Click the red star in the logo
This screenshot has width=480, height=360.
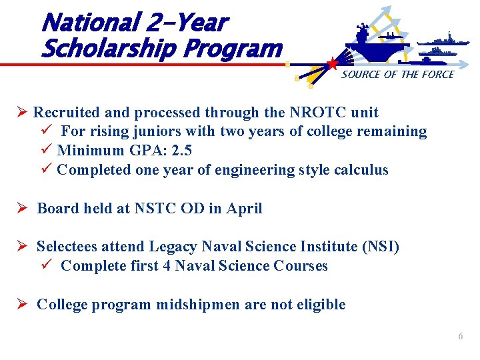[331, 64]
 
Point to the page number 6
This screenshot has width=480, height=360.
[460, 337]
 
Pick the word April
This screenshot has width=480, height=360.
[244, 208]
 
